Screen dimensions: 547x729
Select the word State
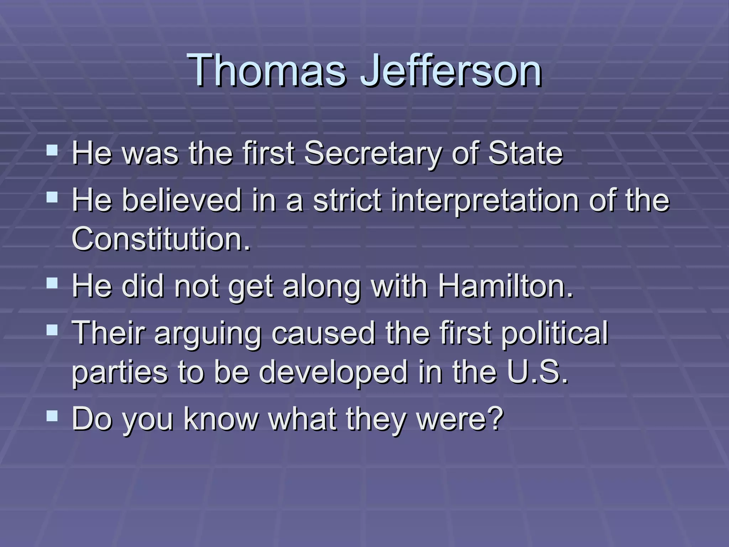(x=525, y=154)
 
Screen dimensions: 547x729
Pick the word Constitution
(x=161, y=239)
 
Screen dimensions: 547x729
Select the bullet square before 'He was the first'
(x=52, y=150)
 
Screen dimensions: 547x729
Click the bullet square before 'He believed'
(x=52, y=197)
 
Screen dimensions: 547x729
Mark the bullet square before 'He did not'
(x=52, y=283)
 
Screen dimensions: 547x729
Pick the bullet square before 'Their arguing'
(x=52, y=330)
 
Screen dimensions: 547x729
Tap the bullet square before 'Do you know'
(x=52, y=415)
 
